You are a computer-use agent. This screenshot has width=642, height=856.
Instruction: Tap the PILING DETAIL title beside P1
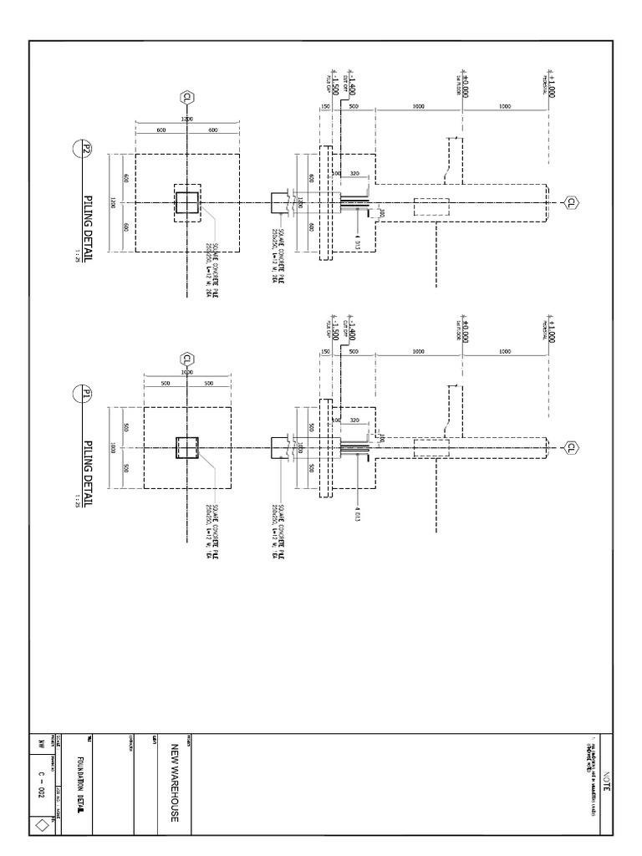(x=88, y=460)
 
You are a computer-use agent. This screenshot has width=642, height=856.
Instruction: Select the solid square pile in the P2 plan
(x=187, y=202)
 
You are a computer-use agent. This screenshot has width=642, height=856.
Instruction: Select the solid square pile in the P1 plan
(x=187, y=447)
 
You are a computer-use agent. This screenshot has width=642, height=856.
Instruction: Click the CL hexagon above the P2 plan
(x=187, y=98)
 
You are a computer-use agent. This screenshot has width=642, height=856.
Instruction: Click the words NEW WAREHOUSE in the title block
(x=175, y=781)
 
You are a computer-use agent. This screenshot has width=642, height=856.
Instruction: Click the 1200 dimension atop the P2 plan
(x=187, y=120)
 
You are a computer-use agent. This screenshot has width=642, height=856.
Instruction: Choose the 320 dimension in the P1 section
(x=354, y=420)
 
